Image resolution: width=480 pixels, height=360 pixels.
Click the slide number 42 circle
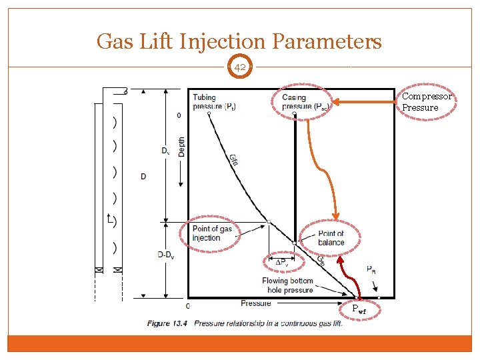239,67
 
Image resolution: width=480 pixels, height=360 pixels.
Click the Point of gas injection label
212,233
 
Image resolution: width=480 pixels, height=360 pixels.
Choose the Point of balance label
331,238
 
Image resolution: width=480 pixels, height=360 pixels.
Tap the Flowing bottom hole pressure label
287,285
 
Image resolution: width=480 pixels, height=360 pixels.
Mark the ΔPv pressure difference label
283,261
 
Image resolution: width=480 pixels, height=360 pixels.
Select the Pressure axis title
256,304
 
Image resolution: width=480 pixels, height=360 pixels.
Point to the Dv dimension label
165,151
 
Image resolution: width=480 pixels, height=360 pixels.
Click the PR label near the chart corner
371,269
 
